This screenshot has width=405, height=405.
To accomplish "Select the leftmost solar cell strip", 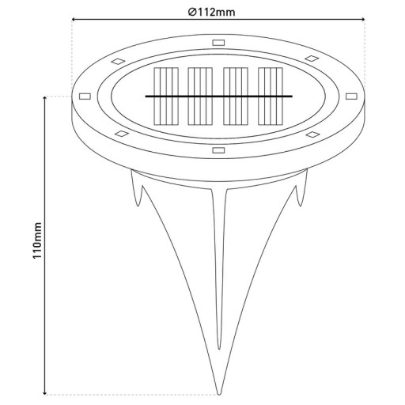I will coord(162,96).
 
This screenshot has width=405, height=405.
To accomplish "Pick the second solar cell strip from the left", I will coord(198,96).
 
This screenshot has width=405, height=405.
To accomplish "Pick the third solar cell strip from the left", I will coord(235,96).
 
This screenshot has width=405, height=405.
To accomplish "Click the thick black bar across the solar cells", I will coord(218,97).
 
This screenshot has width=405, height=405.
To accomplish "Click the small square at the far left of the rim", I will coord(85,97).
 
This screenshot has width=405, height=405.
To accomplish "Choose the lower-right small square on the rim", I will coord(312,134).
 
